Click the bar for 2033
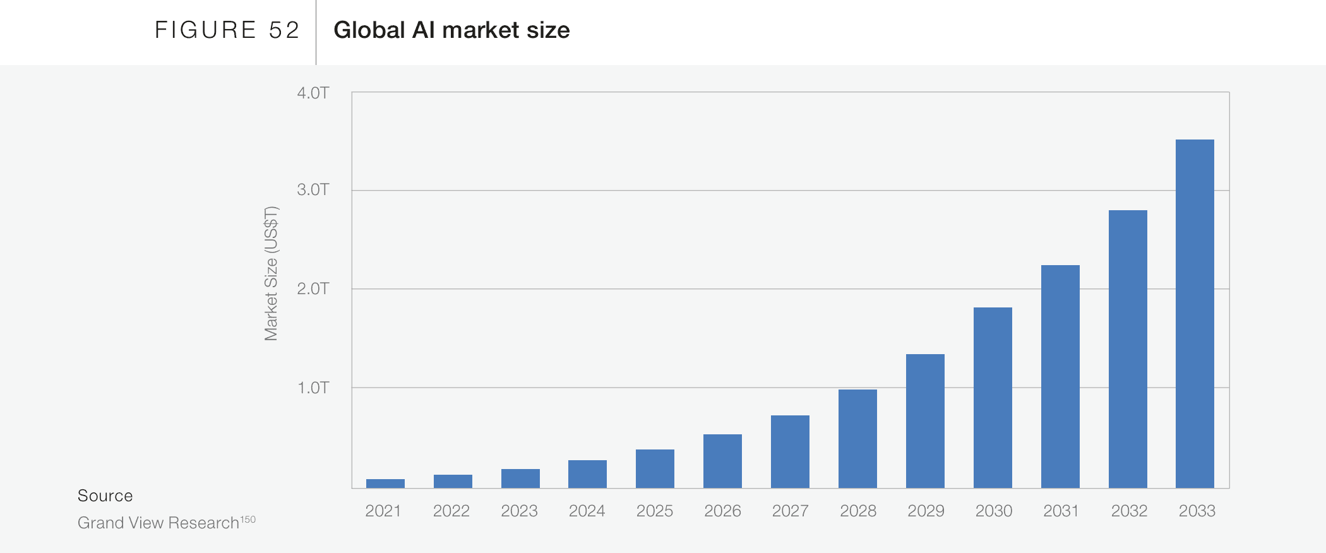[x=1195, y=314]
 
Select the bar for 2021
[x=385, y=484]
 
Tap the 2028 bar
[x=857, y=439]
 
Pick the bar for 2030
[x=993, y=398]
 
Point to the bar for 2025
[x=655, y=468]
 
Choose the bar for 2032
[x=1128, y=349]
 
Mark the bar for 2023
[x=520, y=479]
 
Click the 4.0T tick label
[x=313, y=93]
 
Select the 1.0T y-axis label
[x=313, y=388]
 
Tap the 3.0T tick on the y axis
[x=313, y=190]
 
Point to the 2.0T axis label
[x=313, y=289]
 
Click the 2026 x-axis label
[x=722, y=511]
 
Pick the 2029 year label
[x=926, y=511]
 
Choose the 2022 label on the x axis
[x=451, y=511]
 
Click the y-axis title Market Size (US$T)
[x=271, y=273]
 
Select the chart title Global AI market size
[x=451, y=30]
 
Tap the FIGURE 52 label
[x=227, y=30]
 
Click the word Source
[x=105, y=496]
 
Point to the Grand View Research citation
[x=158, y=523]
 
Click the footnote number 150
[x=248, y=520]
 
